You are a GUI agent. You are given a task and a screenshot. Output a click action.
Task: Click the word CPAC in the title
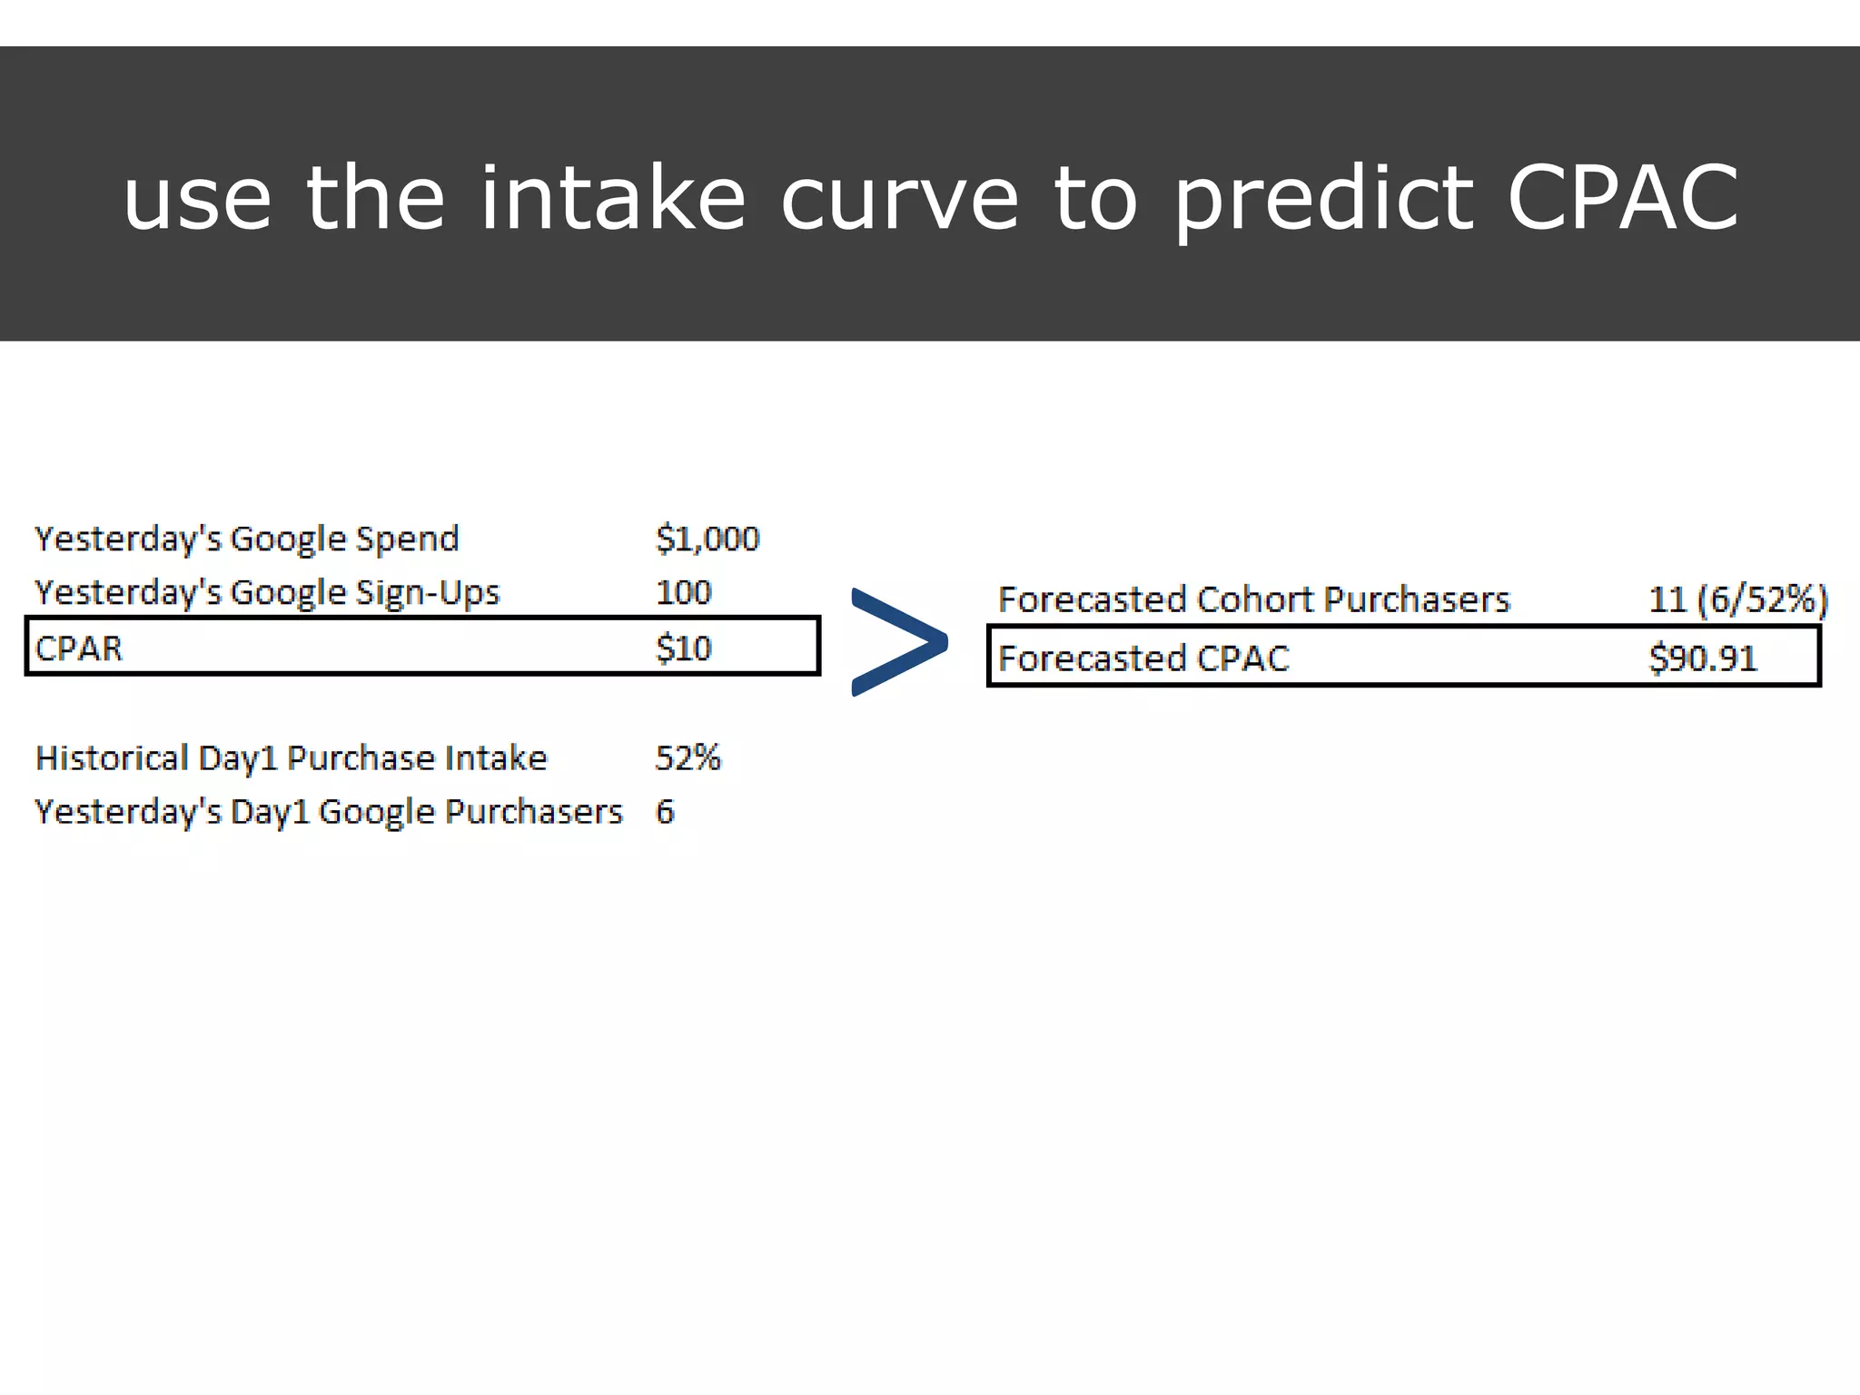tap(1622, 198)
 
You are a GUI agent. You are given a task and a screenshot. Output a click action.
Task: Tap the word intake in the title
tap(613, 198)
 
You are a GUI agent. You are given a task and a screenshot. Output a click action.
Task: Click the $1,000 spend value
tap(707, 539)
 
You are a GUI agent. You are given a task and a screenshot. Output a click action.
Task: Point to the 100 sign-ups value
tap(683, 593)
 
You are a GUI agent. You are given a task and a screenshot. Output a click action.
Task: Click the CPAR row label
tap(79, 648)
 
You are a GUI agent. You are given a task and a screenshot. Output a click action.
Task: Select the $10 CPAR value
tap(683, 648)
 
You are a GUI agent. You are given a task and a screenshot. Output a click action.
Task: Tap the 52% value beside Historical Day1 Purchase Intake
tap(688, 757)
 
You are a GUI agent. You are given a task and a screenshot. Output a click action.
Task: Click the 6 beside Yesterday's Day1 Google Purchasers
tap(665, 812)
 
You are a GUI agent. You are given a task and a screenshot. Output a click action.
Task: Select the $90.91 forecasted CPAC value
tap(1703, 658)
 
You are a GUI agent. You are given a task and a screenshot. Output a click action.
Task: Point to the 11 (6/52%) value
tap(1737, 600)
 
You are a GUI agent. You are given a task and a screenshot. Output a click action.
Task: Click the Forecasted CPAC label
tap(1143, 658)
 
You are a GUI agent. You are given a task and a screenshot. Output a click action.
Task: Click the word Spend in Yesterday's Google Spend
tap(407, 539)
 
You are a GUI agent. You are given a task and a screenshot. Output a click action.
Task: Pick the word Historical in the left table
tap(112, 757)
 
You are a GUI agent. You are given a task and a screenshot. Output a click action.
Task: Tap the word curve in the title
tap(899, 198)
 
